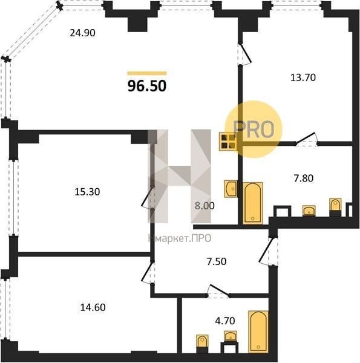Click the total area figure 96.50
click(x=147, y=86)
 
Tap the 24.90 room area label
click(x=83, y=33)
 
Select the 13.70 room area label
click(x=303, y=77)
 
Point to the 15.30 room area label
click(x=87, y=192)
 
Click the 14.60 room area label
click(x=93, y=307)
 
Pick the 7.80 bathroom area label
click(x=304, y=178)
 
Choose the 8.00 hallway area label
click(x=205, y=206)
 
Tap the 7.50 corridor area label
click(x=217, y=261)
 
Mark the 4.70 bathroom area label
click(x=225, y=321)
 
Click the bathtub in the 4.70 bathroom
click(x=258, y=332)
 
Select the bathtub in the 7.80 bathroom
click(x=253, y=203)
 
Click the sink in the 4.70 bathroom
click(x=231, y=336)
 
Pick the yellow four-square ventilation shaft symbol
click(x=229, y=142)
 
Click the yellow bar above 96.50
click(x=147, y=73)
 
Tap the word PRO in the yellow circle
click(x=254, y=129)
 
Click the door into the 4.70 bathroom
click(x=218, y=291)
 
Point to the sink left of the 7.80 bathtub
click(x=231, y=189)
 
